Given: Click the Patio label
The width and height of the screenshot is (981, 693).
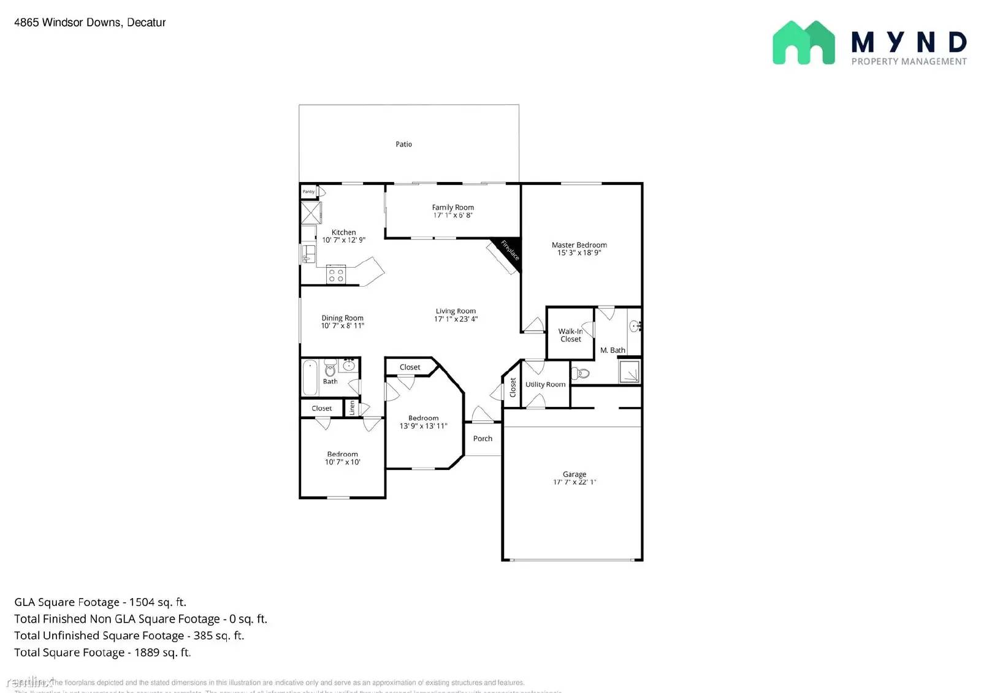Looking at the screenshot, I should click(x=403, y=145).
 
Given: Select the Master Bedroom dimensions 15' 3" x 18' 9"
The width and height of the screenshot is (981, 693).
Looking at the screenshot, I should click(x=579, y=253).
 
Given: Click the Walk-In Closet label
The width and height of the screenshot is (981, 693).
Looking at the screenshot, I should click(x=570, y=335).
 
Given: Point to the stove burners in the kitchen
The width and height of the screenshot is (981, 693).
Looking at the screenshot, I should click(x=335, y=275).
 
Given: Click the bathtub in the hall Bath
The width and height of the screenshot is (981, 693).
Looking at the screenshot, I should click(x=310, y=377).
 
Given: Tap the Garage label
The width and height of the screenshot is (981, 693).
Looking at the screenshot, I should click(x=574, y=474).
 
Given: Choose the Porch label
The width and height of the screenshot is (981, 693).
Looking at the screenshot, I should click(x=483, y=439).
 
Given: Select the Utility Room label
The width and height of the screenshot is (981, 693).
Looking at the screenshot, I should click(x=545, y=385).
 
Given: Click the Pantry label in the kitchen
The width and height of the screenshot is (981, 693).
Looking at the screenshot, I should click(x=308, y=192).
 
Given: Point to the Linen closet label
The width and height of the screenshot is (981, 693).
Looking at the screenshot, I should click(x=352, y=407).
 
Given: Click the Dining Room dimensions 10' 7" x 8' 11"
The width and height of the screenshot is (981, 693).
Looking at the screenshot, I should click(x=342, y=326).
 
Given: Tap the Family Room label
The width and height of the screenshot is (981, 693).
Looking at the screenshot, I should click(x=452, y=208).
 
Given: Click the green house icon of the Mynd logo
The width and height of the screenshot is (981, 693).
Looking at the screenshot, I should click(x=803, y=43).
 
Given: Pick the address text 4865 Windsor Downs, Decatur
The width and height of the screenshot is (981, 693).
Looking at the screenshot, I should click(x=90, y=23).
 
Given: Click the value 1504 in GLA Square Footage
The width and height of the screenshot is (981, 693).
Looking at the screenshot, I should click(x=143, y=602).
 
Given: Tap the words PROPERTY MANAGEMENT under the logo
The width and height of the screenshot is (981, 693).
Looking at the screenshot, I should click(x=909, y=61).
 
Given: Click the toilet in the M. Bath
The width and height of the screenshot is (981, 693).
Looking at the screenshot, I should click(x=582, y=373).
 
